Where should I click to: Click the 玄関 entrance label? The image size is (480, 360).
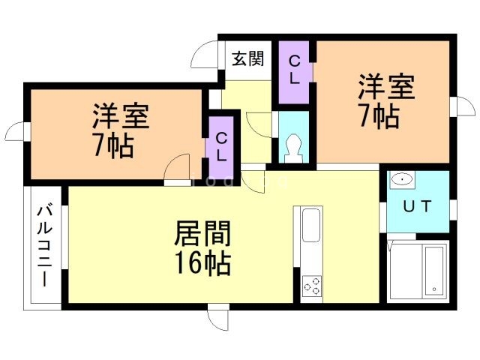coord(247,58)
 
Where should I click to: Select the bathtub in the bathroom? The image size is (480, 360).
coord(433,271)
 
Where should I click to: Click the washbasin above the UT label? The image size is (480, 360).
coord(403,180)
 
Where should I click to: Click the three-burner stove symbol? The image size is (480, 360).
coord(312,286)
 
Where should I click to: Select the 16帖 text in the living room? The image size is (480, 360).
coord(202,263)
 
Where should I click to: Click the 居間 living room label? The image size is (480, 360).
coord(202,234)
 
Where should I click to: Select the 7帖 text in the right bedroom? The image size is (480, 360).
coord(379,117)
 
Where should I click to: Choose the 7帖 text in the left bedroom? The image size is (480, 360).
coord(114,145)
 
